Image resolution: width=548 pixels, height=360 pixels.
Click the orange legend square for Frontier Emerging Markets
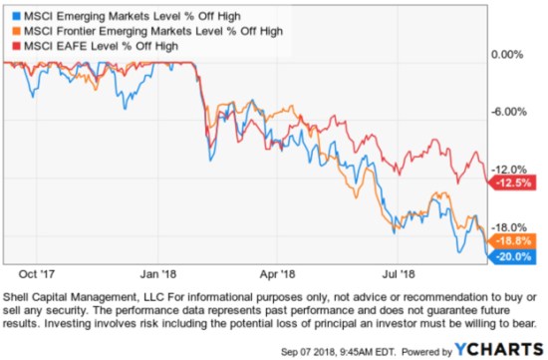click(x=11, y=32)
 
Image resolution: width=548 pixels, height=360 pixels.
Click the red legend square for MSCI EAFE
click(x=11, y=46)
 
